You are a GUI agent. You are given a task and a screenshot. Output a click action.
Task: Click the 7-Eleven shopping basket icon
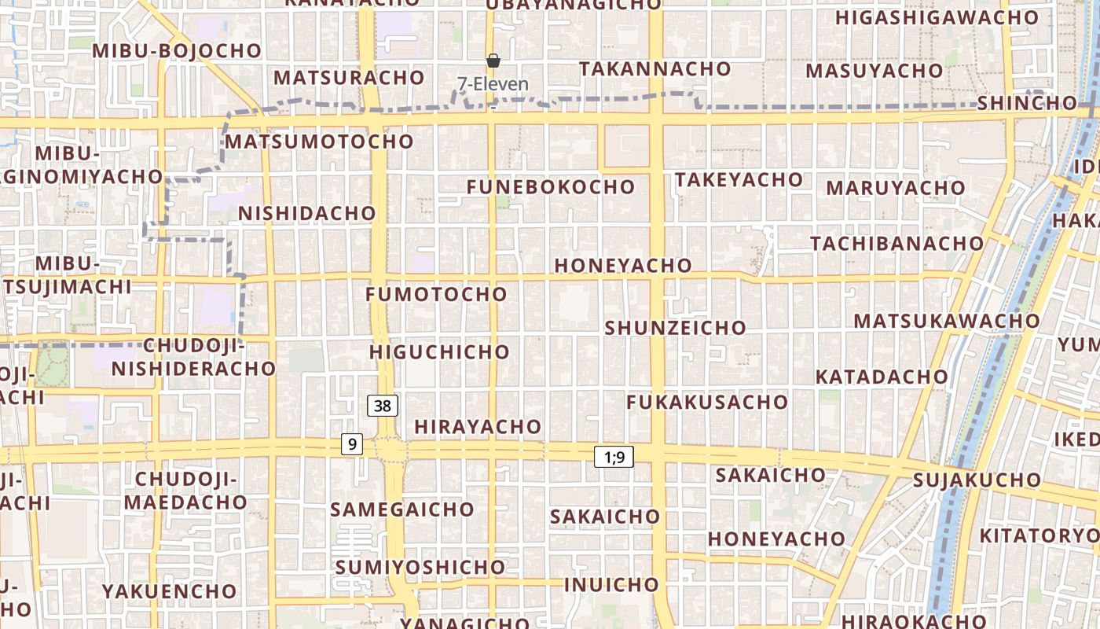coord(493,61)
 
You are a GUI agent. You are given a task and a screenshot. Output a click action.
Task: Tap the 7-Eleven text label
coord(493,83)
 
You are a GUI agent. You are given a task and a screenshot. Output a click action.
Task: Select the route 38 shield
coord(383,406)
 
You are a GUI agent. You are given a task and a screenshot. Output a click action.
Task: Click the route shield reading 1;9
coord(614,457)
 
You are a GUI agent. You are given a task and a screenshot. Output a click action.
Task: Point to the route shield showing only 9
coord(352,444)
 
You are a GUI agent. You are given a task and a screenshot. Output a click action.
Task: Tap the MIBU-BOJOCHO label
coord(177,51)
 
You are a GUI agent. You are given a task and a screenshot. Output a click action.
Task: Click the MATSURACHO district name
coord(349,78)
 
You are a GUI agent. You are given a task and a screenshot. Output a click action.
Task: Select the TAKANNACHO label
coord(644,69)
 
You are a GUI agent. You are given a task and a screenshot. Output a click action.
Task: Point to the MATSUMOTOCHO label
coord(319,142)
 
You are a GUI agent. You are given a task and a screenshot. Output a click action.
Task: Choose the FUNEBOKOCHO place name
coord(550,187)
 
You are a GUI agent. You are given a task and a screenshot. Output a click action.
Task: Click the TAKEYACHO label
coord(739,180)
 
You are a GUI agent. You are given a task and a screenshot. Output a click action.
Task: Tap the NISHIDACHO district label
coord(307,214)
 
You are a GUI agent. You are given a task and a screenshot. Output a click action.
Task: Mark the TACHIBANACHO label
coord(897,244)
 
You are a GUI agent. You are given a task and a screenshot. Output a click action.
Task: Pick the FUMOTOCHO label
coord(437,295)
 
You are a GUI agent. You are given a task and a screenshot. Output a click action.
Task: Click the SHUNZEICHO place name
coord(675,328)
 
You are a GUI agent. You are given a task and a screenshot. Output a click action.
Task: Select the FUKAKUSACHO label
coord(707,403)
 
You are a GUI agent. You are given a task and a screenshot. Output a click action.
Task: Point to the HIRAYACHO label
coord(478,427)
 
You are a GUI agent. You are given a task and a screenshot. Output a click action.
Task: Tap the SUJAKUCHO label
coord(977,480)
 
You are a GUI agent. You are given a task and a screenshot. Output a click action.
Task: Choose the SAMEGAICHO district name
coord(402,509)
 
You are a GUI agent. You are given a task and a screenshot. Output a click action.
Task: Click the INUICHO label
coord(611,585)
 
